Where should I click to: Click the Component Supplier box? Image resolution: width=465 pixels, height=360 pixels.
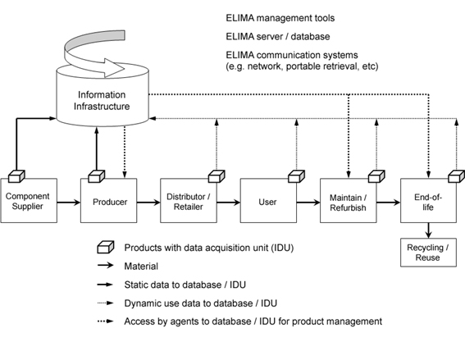click(x=29, y=200)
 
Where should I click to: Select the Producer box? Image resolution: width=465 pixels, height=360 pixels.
click(x=109, y=200)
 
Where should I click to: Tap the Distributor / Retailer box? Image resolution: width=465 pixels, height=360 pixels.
click(x=189, y=200)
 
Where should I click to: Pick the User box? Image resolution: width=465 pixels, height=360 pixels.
click(x=268, y=200)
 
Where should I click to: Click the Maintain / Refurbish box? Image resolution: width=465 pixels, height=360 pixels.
click(x=349, y=200)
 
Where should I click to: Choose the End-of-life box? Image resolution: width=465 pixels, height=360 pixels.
click(x=429, y=200)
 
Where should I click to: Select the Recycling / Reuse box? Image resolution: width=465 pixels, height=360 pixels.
click(x=429, y=253)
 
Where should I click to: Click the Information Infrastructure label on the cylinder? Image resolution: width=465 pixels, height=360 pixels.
click(x=102, y=101)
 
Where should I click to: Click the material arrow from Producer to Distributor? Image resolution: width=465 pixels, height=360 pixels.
click(x=148, y=203)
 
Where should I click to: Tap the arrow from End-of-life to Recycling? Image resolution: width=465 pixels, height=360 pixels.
click(x=429, y=230)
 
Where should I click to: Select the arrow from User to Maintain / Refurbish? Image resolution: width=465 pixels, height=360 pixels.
click(x=308, y=203)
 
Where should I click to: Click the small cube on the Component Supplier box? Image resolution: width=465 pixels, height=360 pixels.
click(x=16, y=176)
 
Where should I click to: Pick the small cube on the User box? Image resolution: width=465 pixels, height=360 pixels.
click(x=297, y=176)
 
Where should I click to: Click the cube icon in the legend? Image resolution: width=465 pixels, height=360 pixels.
click(x=106, y=247)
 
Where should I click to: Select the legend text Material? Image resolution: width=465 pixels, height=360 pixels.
click(x=141, y=267)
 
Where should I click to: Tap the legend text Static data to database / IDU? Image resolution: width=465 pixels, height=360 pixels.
click(x=185, y=285)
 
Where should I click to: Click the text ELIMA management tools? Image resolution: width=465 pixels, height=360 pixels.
click(x=280, y=18)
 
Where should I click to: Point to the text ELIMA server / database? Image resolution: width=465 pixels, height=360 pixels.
click(x=278, y=36)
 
